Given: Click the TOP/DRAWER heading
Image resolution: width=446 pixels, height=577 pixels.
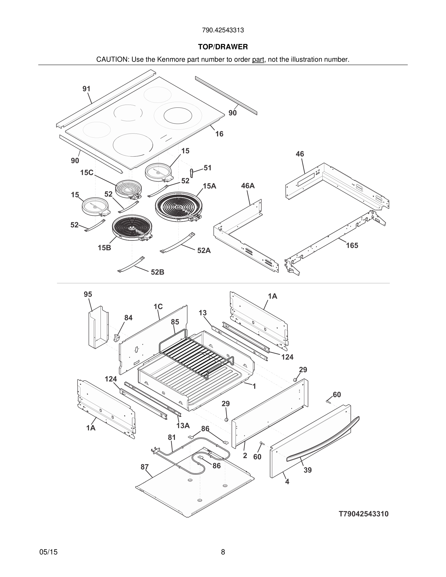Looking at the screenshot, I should coord(223,47).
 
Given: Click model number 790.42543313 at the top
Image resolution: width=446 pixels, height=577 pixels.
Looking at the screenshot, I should coord(223,30).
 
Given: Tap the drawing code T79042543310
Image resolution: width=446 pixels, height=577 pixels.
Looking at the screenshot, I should coord(364,514).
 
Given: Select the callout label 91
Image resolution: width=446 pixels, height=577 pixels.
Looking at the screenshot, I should coord(86,89).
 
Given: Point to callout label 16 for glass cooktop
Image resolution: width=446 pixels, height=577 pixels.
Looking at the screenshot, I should coord(219,134).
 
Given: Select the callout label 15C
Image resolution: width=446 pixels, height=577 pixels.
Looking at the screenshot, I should coord(87,173).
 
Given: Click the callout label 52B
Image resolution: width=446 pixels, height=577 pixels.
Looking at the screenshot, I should coord(157,272).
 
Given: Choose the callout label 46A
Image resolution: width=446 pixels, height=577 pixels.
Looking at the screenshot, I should coord(248,186).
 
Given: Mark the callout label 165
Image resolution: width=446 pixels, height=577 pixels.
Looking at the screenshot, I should coord(352,246).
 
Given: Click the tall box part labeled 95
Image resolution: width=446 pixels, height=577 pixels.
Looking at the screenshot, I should coord(98,328).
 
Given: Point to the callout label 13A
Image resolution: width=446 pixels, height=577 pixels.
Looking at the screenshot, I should coord(183,426).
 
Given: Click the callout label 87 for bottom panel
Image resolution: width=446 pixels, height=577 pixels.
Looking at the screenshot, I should coord(145,467).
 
